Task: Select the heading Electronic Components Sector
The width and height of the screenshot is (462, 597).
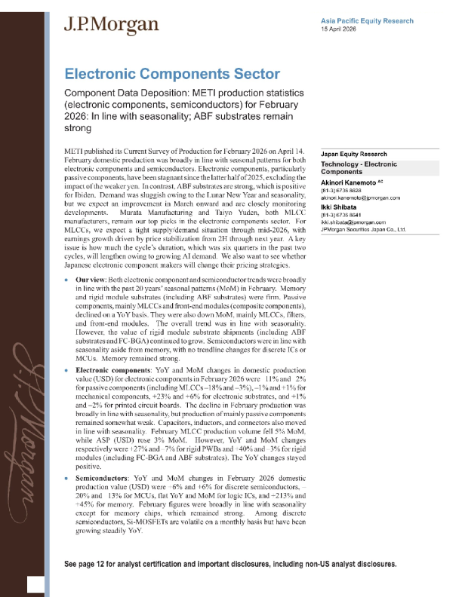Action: tap(172, 75)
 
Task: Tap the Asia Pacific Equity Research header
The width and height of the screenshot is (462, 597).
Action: tap(366, 20)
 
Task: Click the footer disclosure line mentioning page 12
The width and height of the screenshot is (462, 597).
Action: tap(230, 564)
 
